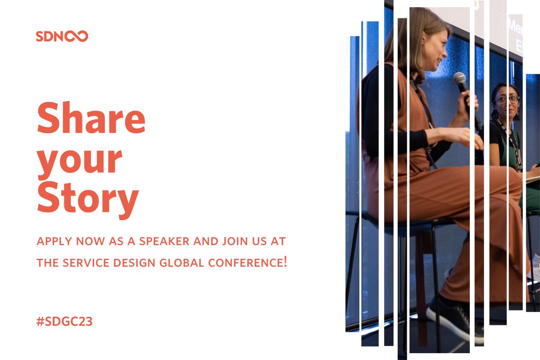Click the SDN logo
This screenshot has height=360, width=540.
[62, 36]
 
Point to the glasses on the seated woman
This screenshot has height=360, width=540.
[506, 99]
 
